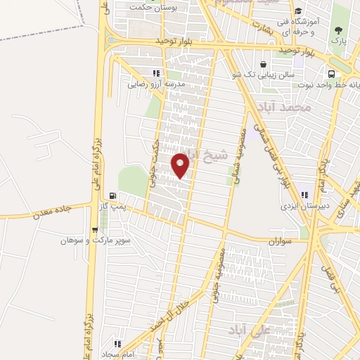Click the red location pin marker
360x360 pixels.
tap(181, 165)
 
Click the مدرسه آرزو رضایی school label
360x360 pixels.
tap(150, 83)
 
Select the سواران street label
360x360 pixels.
tap(278, 240)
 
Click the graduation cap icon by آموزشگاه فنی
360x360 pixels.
tap(298, 11)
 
